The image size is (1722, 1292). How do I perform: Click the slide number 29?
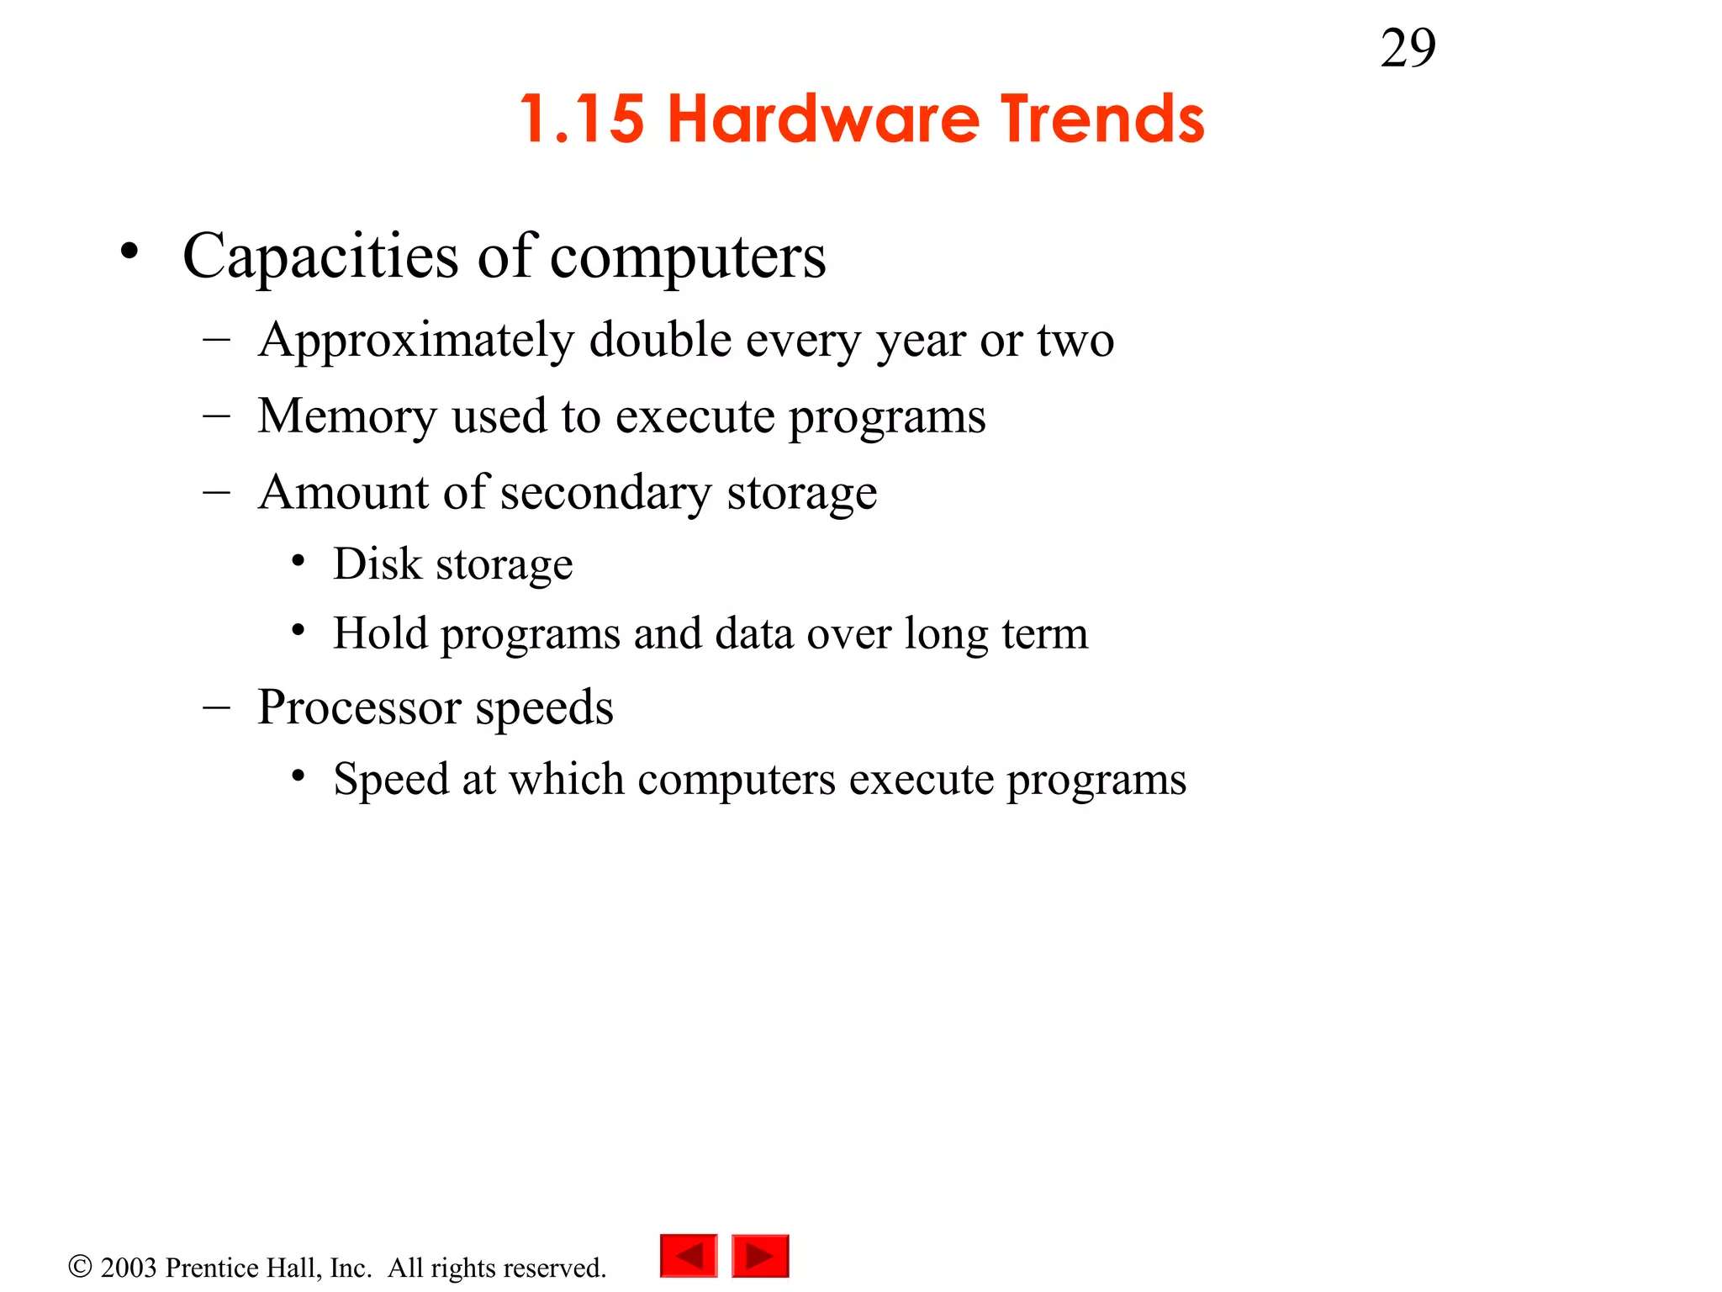pos(1408,49)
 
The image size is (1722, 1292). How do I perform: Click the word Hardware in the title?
pos(823,119)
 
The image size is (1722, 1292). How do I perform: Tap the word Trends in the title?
pos(1102,119)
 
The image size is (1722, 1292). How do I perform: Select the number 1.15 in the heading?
pos(582,119)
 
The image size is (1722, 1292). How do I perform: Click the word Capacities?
pos(320,256)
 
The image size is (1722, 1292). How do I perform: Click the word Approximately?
pos(416,342)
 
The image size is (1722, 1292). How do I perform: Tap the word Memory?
pos(346,417)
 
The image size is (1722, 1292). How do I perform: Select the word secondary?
pos(605,493)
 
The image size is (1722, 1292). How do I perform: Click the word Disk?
pos(377,564)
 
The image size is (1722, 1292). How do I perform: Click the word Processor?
pos(359,707)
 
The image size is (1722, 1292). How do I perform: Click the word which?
pos(567,779)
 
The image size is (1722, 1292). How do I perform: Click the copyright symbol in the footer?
pos(80,1267)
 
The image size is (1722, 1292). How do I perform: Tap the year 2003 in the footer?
pos(129,1268)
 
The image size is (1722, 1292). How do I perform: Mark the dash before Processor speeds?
pos(216,707)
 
